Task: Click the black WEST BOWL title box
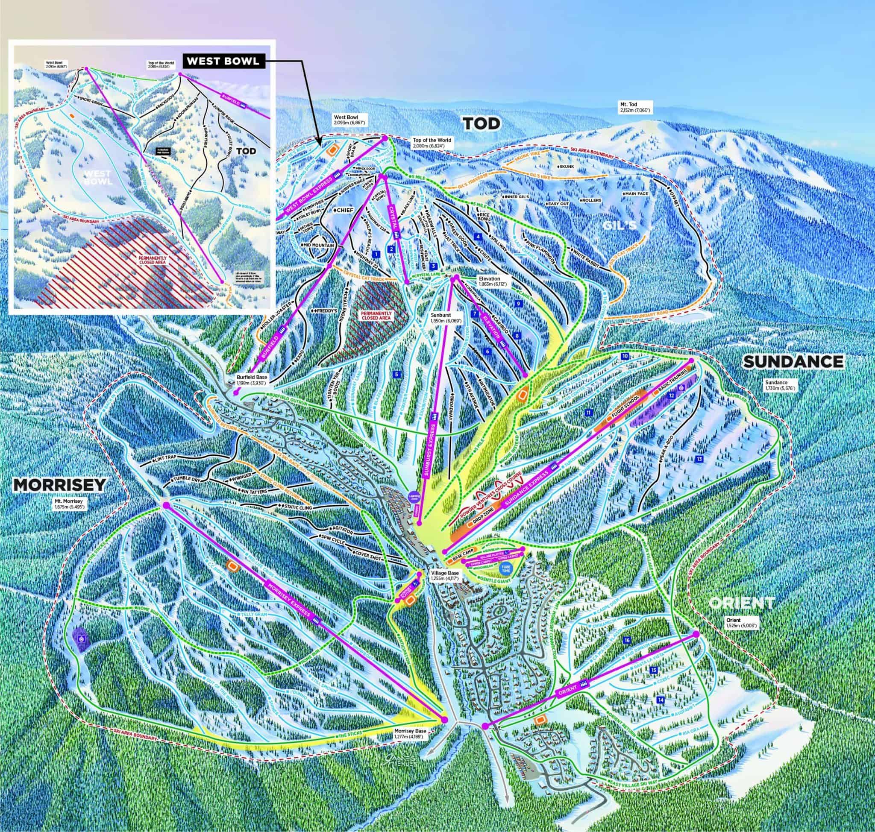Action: (x=222, y=61)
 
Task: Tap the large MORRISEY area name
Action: (x=59, y=485)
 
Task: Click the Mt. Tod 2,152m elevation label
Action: (x=637, y=106)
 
